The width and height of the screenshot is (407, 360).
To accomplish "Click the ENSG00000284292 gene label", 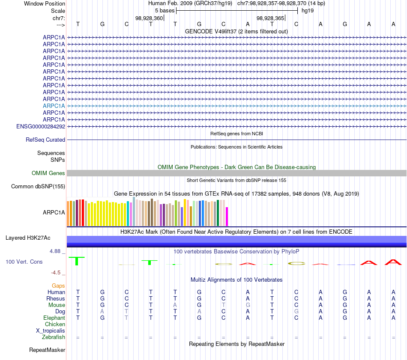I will (x=41, y=126).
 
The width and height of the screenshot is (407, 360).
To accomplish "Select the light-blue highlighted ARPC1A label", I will (x=54, y=106).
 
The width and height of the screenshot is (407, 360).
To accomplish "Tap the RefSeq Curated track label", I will (x=45, y=140).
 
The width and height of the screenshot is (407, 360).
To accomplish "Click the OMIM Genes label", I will (x=48, y=173).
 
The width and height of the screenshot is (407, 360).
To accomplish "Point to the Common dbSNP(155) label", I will (x=38, y=186).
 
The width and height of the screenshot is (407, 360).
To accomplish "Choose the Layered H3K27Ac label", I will (x=28, y=238).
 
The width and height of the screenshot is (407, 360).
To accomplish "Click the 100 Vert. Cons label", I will (x=24, y=262).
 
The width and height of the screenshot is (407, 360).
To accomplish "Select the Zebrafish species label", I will (x=54, y=337).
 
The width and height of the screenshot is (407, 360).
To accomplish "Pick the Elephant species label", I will (x=54, y=318).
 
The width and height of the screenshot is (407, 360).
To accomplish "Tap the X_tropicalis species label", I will (x=51, y=331).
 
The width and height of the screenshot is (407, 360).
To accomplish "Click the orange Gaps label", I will (x=58, y=286).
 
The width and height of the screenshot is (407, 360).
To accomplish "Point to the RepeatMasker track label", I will (x=47, y=350).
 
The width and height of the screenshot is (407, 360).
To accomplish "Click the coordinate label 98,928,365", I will (x=270, y=18).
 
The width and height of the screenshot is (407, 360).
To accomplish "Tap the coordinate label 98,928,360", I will (x=149, y=18).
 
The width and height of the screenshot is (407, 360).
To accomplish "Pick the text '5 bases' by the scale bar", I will (x=165, y=10).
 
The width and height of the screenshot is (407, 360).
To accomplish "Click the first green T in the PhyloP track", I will (x=77, y=260).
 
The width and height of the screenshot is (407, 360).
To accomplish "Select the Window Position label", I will (x=45, y=3).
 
